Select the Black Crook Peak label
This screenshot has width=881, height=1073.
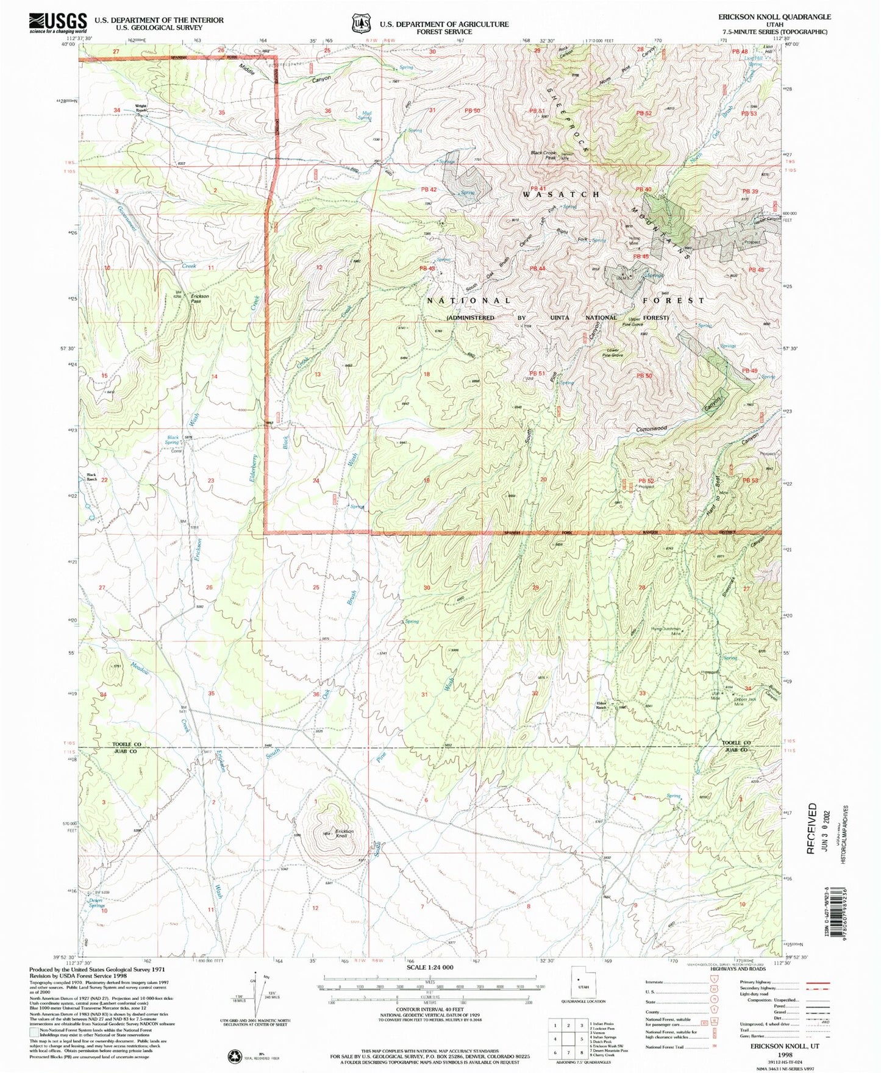543,155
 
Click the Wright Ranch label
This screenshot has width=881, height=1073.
141,108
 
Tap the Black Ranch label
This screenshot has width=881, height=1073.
91,477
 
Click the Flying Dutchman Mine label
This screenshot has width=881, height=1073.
666,631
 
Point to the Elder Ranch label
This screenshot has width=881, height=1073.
604,705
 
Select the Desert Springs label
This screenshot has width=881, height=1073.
96,903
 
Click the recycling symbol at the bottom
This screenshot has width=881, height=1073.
235,1055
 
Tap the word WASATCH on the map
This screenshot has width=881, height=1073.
561,194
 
